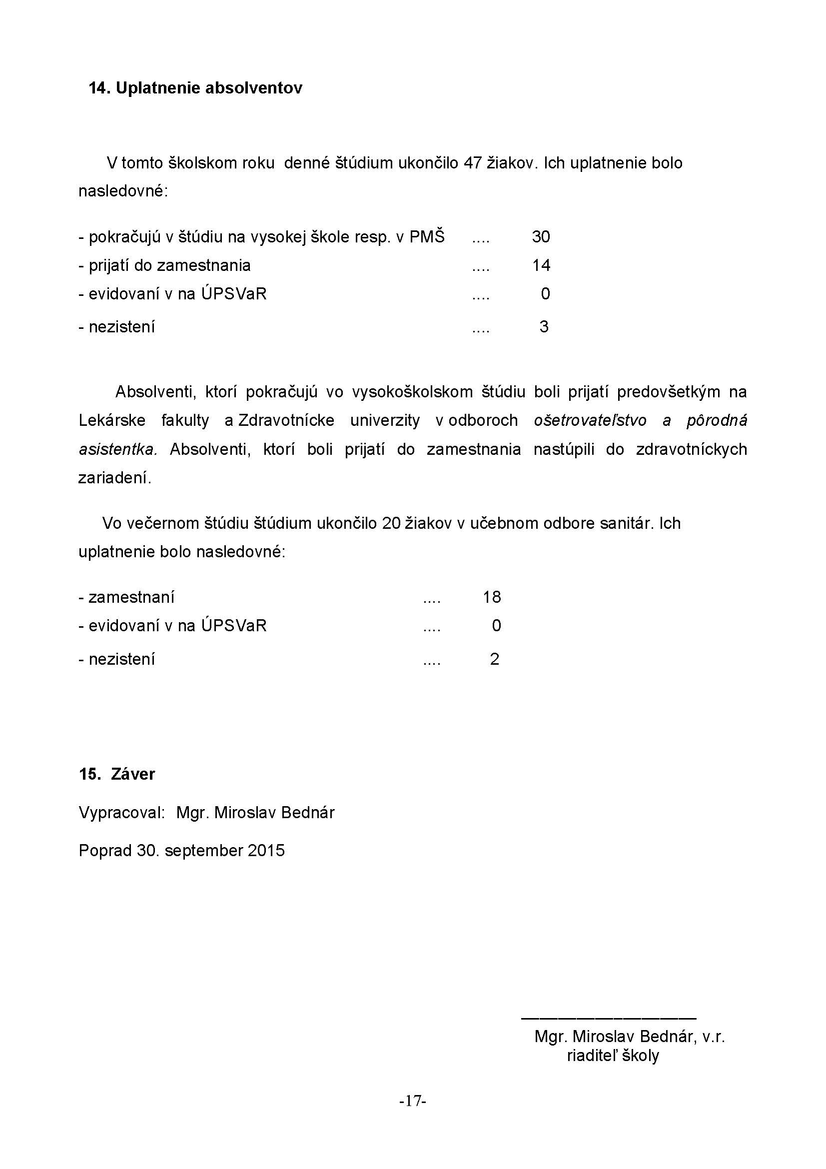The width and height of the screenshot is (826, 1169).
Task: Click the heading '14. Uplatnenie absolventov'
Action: pyautogui.click(x=195, y=88)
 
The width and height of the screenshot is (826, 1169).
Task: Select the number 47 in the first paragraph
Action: pyautogui.click(x=472, y=163)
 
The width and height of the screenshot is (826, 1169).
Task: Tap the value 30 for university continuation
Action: pyautogui.click(x=541, y=237)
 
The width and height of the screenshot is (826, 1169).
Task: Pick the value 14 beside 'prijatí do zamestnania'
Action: pyautogui.click(x=541, y=265)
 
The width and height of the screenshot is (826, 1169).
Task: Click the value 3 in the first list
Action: pyautogui.click(x=544, y=327)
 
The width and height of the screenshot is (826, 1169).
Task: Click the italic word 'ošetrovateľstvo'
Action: pyautogui.click(x=590, y=420)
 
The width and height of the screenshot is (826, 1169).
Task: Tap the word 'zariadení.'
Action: pyautogui.click(x=115, y=478)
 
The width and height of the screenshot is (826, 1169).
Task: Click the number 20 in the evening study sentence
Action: pyautogui.click(x=391, y=523)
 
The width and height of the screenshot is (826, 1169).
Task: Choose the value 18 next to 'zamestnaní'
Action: pyautogui.click(x=492, y=597)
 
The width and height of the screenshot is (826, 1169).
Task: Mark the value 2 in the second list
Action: pyautogui.click(x=494, y=659)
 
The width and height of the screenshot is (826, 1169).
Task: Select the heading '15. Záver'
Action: pyautogui.click(x=117, y=774)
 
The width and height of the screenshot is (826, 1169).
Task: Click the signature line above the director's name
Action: pyautogui.click(x=608, y=1018)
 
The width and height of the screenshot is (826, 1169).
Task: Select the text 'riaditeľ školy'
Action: pyautogui.click(x=613, y=1056)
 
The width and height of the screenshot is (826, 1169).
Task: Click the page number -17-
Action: pyautogui.click(x=413, y=1102)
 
